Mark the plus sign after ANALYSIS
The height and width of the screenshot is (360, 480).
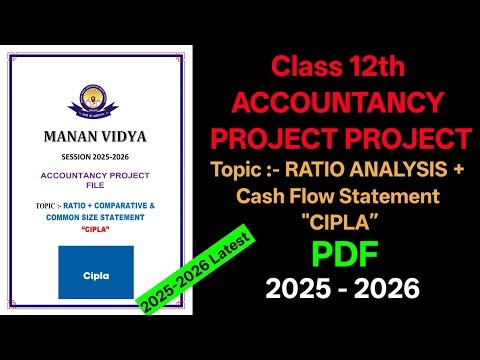pos(458,168)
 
